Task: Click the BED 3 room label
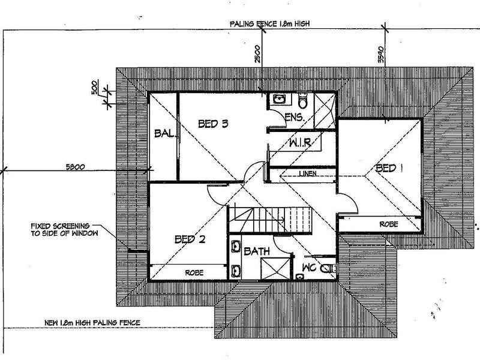coord(213,124)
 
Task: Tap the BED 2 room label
coord(190,239)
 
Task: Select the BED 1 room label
coord(389,168)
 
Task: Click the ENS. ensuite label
coord(295,117)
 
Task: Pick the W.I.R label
coord(300,143)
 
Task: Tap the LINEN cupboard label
coord(308,173)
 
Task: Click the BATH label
coord(257,251)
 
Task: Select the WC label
coord(309,268)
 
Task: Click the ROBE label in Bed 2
coord(194,272)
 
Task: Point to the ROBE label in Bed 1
coord(389,224)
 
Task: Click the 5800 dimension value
coord(76,167)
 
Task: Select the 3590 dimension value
coord(380,54)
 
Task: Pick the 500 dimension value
coord(95,87)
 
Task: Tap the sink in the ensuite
coord(279,99)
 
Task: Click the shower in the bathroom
coord(275,268)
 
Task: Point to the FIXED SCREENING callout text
coord(65,230)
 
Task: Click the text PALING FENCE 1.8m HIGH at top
coord(269,24)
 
